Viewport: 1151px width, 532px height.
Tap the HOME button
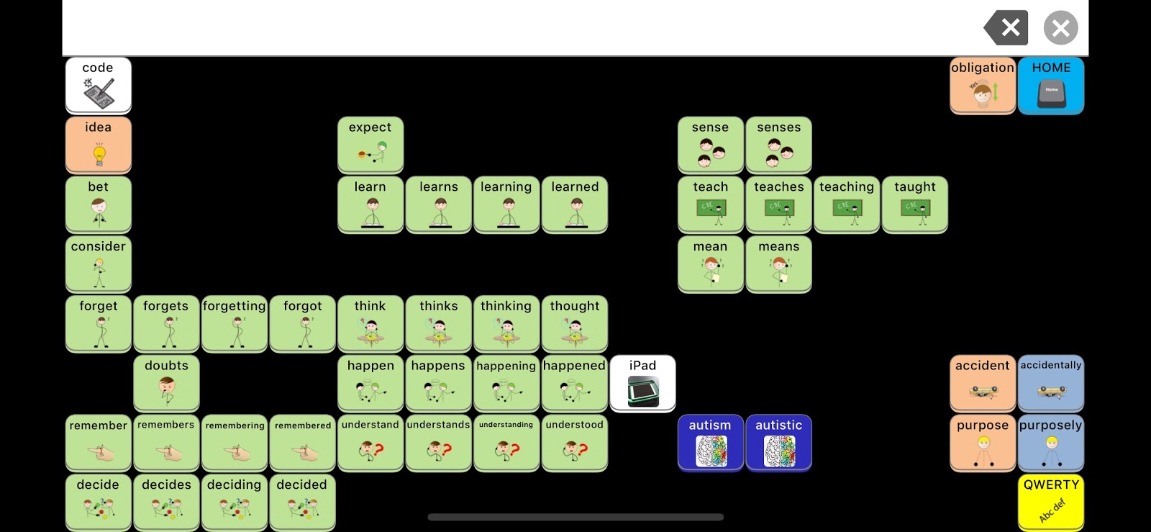pos(1051,86)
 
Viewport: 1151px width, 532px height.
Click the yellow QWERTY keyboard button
pos(1051,502)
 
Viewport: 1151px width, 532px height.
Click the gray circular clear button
pos(1060,28)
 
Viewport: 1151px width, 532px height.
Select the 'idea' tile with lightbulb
pos(99,145)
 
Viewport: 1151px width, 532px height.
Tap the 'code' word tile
pos(99,86)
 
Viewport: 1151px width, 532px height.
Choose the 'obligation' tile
pos(983,86)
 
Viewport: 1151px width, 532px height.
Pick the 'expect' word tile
pos(370,145)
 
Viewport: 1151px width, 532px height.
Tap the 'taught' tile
pos(915,204)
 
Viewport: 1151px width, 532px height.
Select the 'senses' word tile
pos(779,145)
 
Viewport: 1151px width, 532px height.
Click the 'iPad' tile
pos(643,383)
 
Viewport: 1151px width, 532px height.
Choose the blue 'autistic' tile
pos(779,443)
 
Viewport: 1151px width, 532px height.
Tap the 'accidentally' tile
pos(1051,383)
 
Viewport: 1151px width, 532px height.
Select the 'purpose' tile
pos(983,443)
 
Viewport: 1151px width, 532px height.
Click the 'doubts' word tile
pos(166,383)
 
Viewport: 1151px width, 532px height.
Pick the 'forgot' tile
pos(303,324)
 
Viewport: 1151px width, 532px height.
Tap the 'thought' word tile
pos(575,324)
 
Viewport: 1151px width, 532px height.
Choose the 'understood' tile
pos(575,443)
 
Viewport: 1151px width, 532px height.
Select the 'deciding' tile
pos(235,502)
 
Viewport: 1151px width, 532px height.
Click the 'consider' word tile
pos(99,264)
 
